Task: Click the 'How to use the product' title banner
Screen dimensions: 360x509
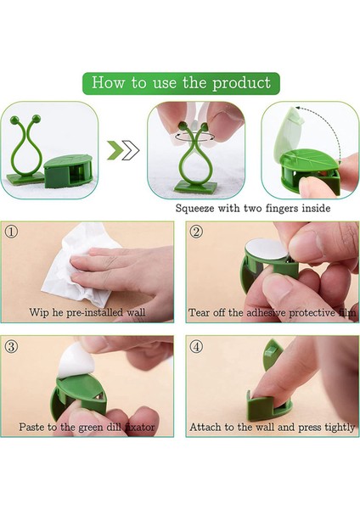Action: pyautogui.click(x=181, y=83)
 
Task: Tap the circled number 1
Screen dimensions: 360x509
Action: pyautogui.click(x=11, y=232)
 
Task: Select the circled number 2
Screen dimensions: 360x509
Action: pyautogui.click(x=196, y=232)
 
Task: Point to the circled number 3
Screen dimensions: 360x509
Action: pyautogui.click(x=11, y=346)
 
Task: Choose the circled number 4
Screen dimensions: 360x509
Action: pyautogui.click(x=196, y=346)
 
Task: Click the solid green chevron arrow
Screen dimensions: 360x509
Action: pyautogui.click(x=115, y=150)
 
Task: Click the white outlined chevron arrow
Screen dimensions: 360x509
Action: pyautogui.click(x=131, y=150)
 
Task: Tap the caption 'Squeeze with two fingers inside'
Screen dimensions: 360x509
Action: pyautogui.click(x=253, y=208)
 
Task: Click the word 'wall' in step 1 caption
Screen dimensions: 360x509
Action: pyautogui.click(x=136, y=312)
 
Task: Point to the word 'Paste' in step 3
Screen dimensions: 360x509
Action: pyautogui.click(x=31, y=427)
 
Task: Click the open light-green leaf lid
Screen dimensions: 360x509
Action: pyautogui.click(x=290, y=130)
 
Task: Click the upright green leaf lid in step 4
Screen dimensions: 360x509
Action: pyautogui.click(x=270, y=355)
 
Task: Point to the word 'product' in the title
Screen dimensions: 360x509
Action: pyautogui.click(x=241, y=83)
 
